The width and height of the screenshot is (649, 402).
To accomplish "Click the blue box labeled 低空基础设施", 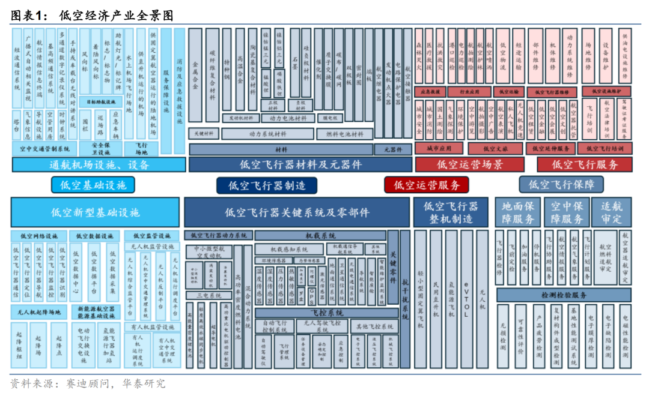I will (93, 185).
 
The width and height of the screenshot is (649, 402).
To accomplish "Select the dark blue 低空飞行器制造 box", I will (266, 185).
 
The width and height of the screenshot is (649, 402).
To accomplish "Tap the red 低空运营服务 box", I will (426, 185).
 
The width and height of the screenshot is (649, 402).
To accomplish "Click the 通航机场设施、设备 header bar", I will (99, 164).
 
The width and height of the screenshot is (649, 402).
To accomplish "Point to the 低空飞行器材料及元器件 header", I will (300, 164).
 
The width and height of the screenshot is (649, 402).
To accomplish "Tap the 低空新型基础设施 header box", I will (95, 212).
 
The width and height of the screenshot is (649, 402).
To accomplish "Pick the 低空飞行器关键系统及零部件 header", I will (297, 212).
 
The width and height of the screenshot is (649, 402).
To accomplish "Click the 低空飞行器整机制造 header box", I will (451, 212).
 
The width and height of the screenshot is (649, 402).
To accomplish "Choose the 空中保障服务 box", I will (567, 212).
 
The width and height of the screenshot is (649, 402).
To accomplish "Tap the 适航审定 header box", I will (612, 212).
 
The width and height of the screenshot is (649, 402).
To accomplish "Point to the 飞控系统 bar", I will (327, 313).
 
